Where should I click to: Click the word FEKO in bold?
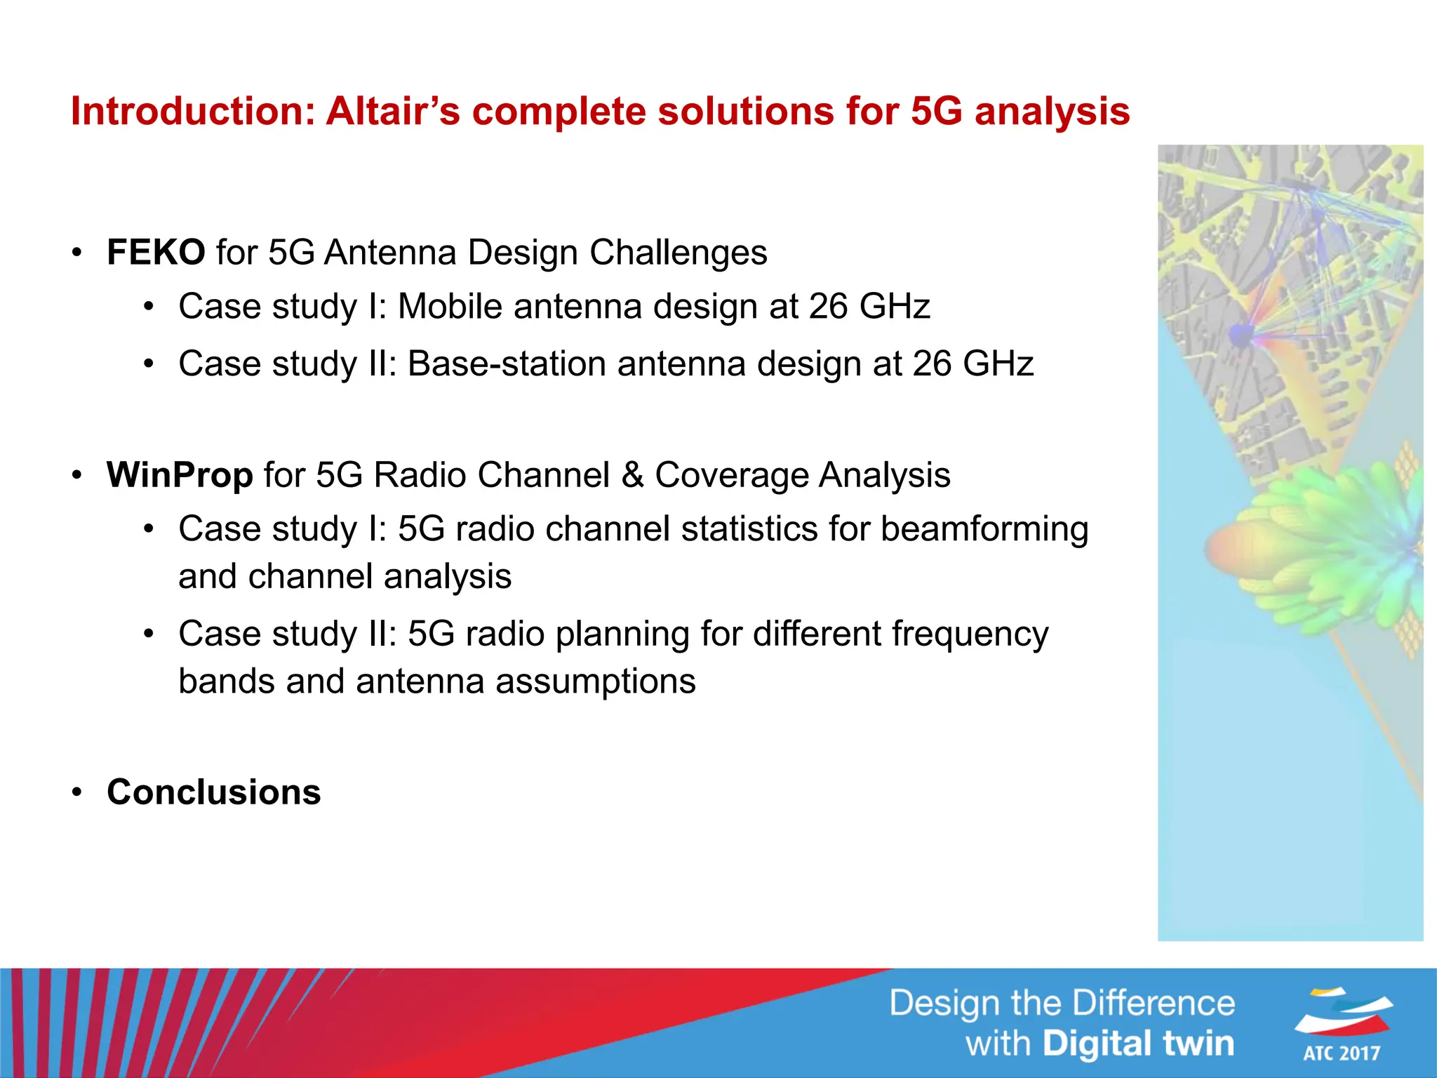pos(156,253)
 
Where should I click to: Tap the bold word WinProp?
pos(180,475)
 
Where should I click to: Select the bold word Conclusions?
pos(213,792)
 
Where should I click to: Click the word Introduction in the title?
pos(193,112)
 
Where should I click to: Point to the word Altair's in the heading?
pos(393,112)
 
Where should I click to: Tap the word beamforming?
pos(984,529)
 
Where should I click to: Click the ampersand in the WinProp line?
pos(632,475)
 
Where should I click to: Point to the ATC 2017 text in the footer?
pos(1342,1053)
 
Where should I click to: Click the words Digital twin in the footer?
pos(1137,1044)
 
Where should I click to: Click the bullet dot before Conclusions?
pos(77,793)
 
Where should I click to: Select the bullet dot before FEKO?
pos(77,253)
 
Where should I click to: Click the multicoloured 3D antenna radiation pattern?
pos(1312,547)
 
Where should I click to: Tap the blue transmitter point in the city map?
pos(1241,334)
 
